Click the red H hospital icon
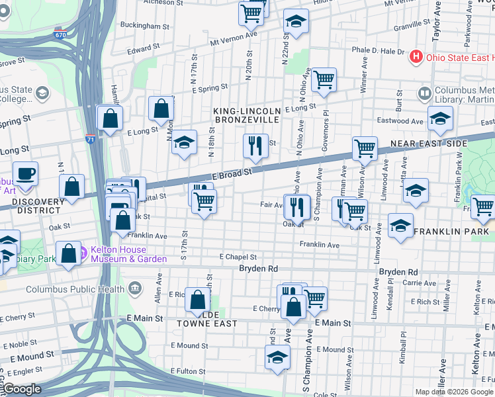tap(416, 57)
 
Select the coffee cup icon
tap(26, 173)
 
